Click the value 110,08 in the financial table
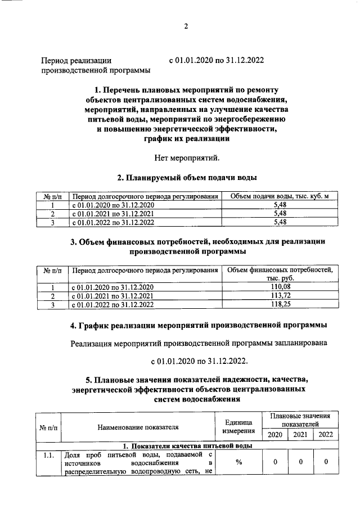click(x=280, y=287)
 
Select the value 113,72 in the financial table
click(x=280, y=296)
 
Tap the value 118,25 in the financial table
click(x=280, y=304)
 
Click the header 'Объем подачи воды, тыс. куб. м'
click(x=280, y=196)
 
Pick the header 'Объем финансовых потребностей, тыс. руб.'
click(x=280, y=274)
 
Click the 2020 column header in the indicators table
click(x=275, y=434)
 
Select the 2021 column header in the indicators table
click(x=300, y=434)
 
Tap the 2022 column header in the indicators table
click(x=326, y=434)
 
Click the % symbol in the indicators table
click(x=238, y=462)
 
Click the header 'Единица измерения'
click(x=238, y=426)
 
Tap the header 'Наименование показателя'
click(x=138, y=427)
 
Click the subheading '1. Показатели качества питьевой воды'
click(x=187, y=445)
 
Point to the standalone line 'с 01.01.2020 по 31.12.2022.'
click(x=199, y=361)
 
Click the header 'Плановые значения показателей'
click(x=300, y=419)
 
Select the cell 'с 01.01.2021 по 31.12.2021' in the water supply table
click(x=112, y=214)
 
